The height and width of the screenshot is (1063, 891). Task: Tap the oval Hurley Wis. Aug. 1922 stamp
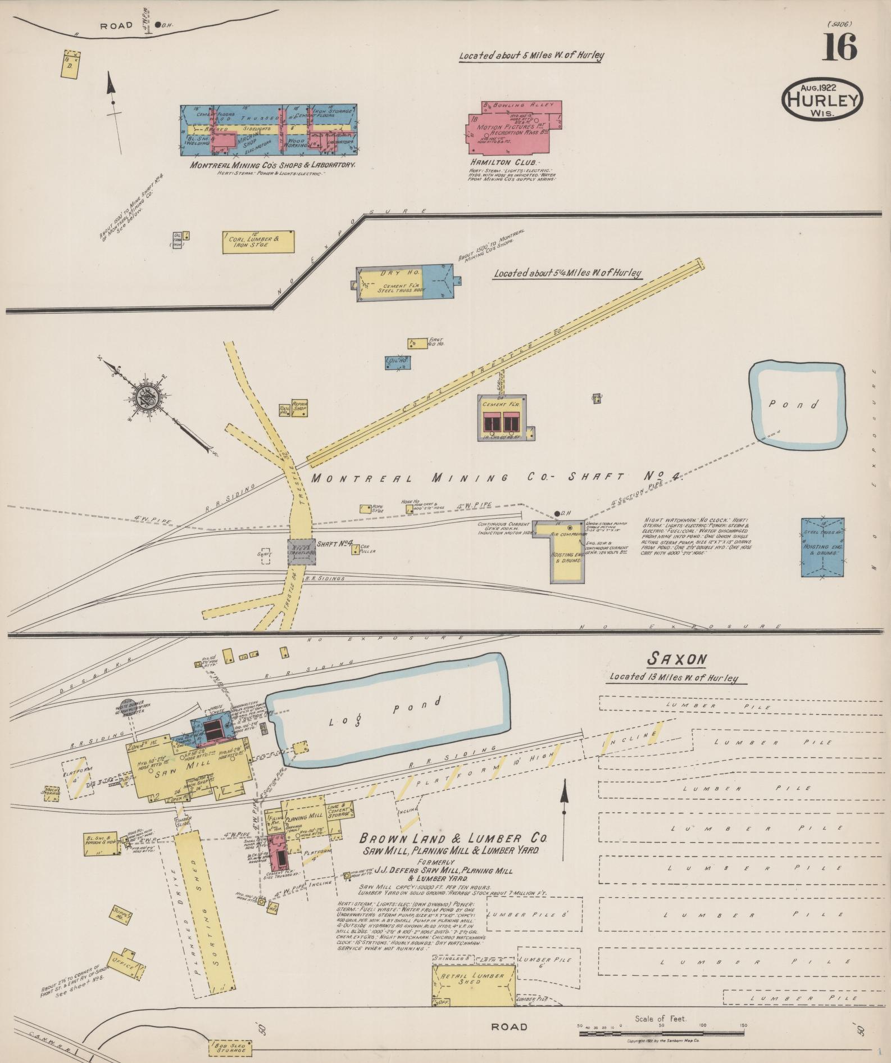coord(822,99)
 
